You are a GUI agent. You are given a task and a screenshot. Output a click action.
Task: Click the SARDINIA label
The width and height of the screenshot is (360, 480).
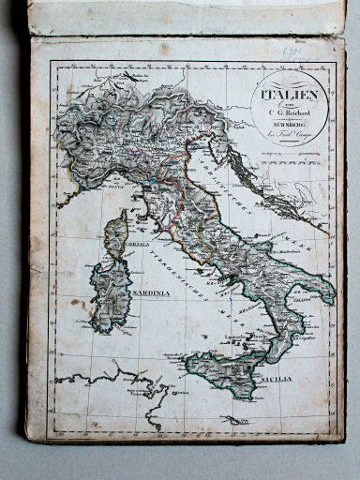click(152, 292)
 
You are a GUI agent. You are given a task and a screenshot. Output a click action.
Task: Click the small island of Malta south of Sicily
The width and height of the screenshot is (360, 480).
click(232, 420)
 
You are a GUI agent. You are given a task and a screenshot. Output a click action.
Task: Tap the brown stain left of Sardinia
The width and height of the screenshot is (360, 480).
click(80, 305)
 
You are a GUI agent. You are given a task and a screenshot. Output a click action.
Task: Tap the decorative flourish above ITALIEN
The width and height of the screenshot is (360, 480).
click(292, 82)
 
